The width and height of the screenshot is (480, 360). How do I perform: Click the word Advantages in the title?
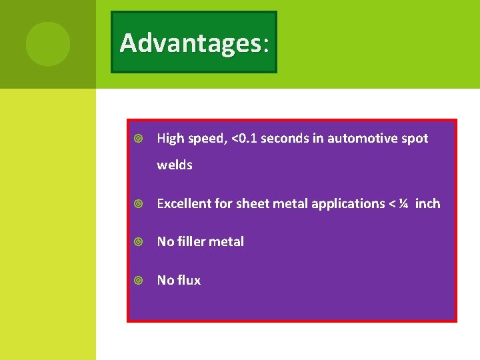pyautogui.click(x=191, y=43)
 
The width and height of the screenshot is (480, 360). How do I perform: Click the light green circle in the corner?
pyautogui.click(x=47, y=44)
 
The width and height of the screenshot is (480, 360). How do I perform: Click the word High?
pyautogui.click(x=169, y=139)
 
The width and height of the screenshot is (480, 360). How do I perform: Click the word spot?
pyautogui.click(x=415, y=139)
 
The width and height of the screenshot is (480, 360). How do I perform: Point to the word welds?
pyautogui.click(x=174, y=165)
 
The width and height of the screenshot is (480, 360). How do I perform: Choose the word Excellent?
pyautogui.click(x=184, y=204)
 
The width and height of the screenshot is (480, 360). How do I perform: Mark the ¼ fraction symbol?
pyautogui.click(x=403, y=204)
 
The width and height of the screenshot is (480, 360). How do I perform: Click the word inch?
pyautogui.click(x=427, y=204)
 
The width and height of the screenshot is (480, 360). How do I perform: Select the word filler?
pyautogui.click(x=193, y=242)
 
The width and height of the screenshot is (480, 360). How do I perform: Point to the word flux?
pyautogui.click(x=189, y=281)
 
